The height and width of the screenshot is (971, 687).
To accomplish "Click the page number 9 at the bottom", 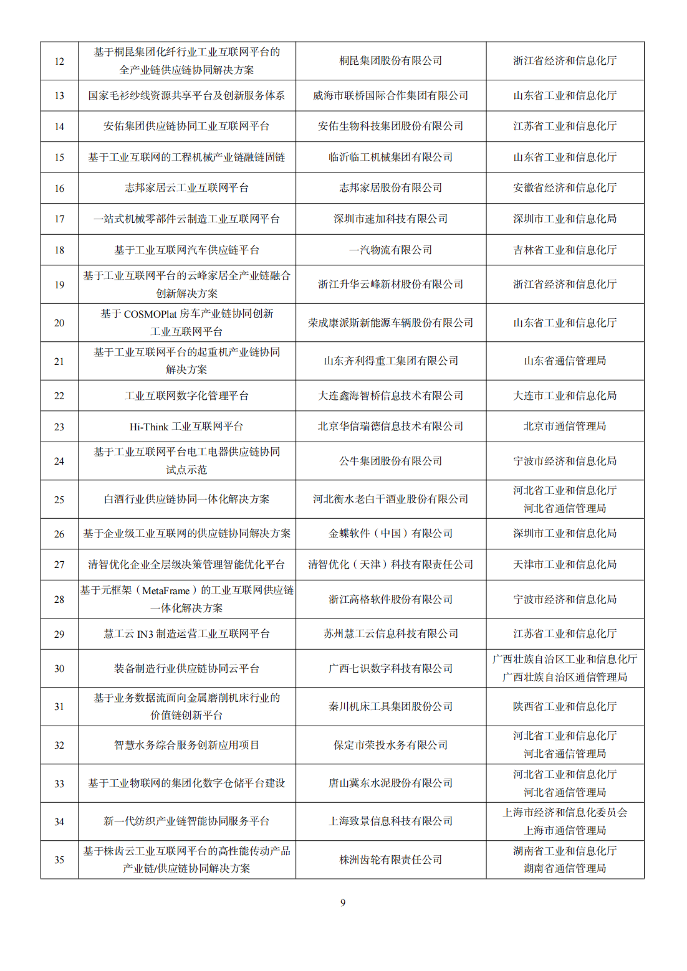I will point(343,902).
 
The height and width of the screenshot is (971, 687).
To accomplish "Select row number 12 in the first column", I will point(59,61).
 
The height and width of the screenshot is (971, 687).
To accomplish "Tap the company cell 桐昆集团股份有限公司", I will point(390,61).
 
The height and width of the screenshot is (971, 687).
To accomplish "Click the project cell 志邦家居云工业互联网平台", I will point(186,188).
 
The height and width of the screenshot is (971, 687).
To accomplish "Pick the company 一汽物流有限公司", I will point(390,250).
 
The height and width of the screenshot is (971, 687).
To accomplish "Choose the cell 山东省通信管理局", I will point(564,361).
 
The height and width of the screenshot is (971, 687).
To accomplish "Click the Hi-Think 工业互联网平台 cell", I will point(186,427).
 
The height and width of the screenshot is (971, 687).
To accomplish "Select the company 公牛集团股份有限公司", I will point(390,462).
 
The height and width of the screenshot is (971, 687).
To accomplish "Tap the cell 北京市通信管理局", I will point(564,427).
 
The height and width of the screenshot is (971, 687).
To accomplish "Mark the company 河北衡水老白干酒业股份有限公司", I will point(390,500).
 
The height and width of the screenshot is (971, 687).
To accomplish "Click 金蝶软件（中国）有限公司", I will point(390,534).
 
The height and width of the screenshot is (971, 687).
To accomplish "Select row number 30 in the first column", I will point(59,669).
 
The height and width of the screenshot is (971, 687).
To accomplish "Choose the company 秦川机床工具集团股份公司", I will point(390,707).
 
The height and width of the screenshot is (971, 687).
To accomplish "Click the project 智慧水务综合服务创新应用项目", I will point(186,746).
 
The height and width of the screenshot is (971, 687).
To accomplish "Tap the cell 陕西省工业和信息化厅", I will point(564,707).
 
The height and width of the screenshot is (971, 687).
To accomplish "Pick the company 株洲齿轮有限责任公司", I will point(390,860).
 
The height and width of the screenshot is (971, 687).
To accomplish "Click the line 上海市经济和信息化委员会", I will point(564,813).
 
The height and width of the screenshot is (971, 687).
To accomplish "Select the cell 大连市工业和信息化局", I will point(564,396).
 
